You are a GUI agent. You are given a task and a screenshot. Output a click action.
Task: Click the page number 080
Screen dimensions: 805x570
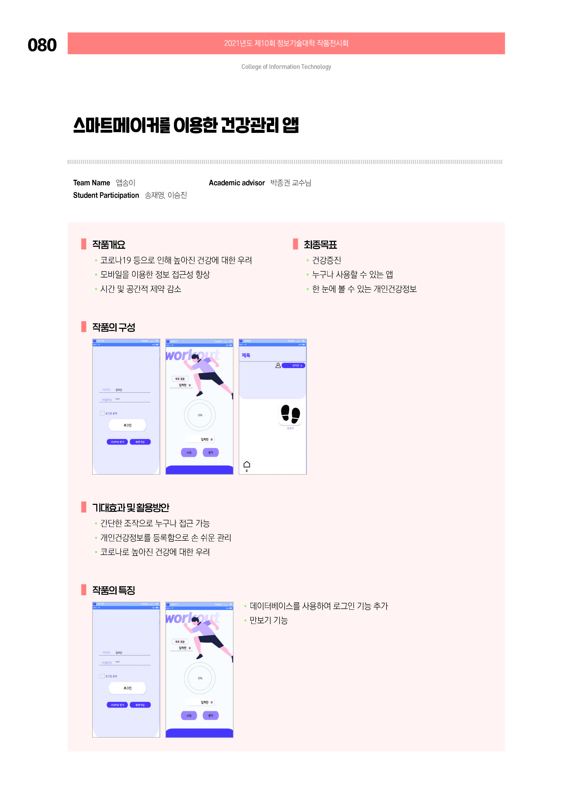pos(42,45)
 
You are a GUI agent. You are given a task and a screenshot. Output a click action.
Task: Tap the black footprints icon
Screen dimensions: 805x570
pos(290,414)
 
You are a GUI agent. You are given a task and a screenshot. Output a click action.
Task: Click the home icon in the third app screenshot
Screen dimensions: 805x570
pos(247,465)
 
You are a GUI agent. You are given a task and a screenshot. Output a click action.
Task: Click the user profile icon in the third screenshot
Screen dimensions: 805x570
pos(278,365)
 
